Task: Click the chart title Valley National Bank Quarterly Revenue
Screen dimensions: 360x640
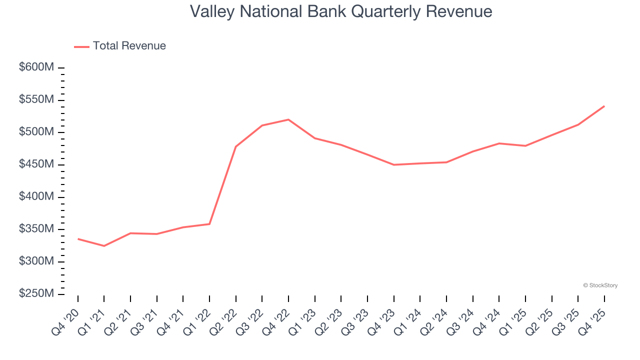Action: [x=341, y=11]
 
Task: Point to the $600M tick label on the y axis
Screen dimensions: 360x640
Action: [x=36, y=67]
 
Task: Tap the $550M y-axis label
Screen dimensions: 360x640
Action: [x=36, y=100]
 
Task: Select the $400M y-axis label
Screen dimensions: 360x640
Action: [x=36, y=197]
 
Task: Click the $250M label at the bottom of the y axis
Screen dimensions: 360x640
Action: [x=36, y=294]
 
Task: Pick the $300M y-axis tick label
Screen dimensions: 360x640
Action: [x=36, y=261]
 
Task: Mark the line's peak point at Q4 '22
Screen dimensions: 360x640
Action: [x=288, y=119]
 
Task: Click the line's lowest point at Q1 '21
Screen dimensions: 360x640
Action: [x=104, y=246]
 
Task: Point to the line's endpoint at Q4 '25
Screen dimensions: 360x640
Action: [x=604, y=106]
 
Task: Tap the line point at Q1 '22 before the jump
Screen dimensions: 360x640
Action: [x=209, y=224]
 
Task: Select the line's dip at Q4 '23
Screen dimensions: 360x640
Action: [x=393, y=164]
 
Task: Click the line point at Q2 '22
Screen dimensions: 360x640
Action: [x=235, y=146]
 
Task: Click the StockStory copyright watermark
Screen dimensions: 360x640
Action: [x=600, y=285]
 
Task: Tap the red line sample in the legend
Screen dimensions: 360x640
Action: [x=81, y=46]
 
